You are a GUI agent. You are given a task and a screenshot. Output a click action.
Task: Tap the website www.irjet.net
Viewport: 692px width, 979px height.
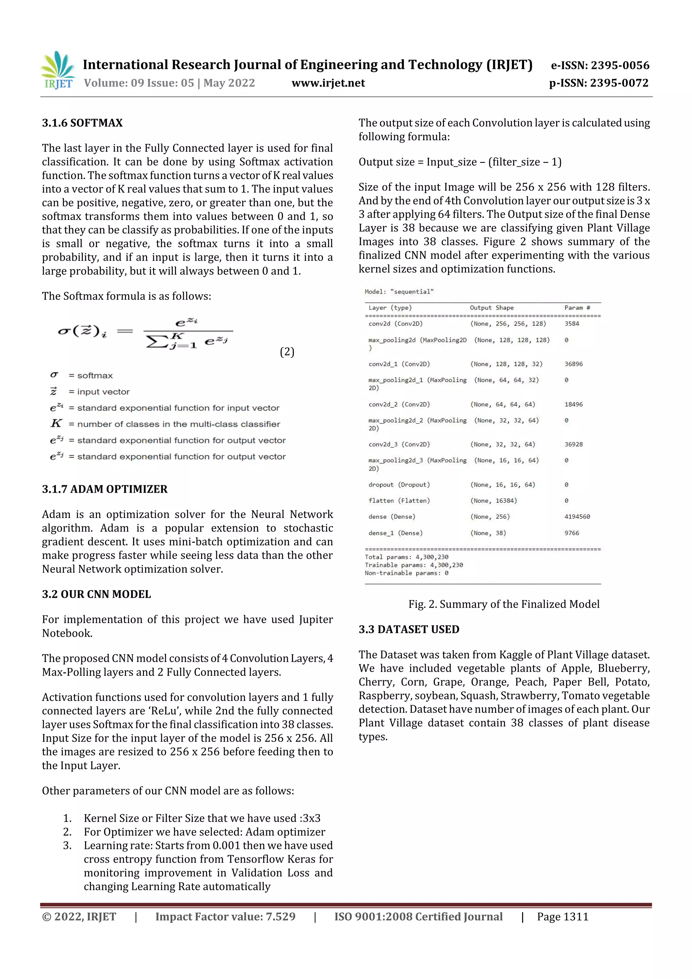pyautogui.click(x=328, y=83)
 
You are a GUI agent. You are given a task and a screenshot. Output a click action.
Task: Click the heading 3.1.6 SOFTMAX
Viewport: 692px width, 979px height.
pyautogui.click(x=82, y=123)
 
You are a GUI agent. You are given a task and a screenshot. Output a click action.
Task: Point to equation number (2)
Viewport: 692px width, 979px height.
pyautogui.click(x=287, y=352)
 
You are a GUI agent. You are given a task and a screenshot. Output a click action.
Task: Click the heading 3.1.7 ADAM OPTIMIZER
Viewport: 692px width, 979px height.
pyautogui.click(x=104, y=489)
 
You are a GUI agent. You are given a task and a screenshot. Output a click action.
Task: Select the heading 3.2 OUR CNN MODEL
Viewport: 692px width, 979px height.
pyautogui.click(x=96, y=594)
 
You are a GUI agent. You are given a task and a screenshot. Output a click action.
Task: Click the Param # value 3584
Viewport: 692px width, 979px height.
pyautogui.click(x=572, y=324)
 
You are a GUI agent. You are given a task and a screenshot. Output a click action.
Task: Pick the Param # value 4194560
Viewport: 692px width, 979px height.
pyautogui.click(x=577, y=517)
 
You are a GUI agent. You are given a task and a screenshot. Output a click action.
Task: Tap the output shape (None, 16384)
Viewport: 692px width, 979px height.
pyautogui.click(x=493, y=500)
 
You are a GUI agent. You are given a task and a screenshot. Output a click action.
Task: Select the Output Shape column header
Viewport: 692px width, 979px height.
pyautogui.click(x=491, y=308)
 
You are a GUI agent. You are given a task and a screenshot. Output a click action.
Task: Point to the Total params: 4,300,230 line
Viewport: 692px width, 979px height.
pyautogui.click(x=406, y=557)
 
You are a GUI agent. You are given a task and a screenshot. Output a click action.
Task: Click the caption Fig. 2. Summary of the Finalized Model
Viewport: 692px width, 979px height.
pyautogui.click(x=503, y=604)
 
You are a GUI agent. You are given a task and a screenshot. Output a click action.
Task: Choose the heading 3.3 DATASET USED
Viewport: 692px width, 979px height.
pyautogui.click(x=409, y=629)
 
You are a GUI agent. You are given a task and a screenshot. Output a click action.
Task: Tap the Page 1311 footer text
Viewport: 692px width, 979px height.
pyautogui.click(x=562, y=917)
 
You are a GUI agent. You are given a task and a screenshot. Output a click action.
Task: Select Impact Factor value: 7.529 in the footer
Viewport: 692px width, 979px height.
pyautogui.click(x=225, y=917)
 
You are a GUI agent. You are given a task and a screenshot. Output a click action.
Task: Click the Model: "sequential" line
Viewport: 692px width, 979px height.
pyautogui.click(x=399, y=292)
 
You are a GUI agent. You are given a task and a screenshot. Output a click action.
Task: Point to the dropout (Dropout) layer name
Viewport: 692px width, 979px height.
pyautogui.click(x=399, y=485)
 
